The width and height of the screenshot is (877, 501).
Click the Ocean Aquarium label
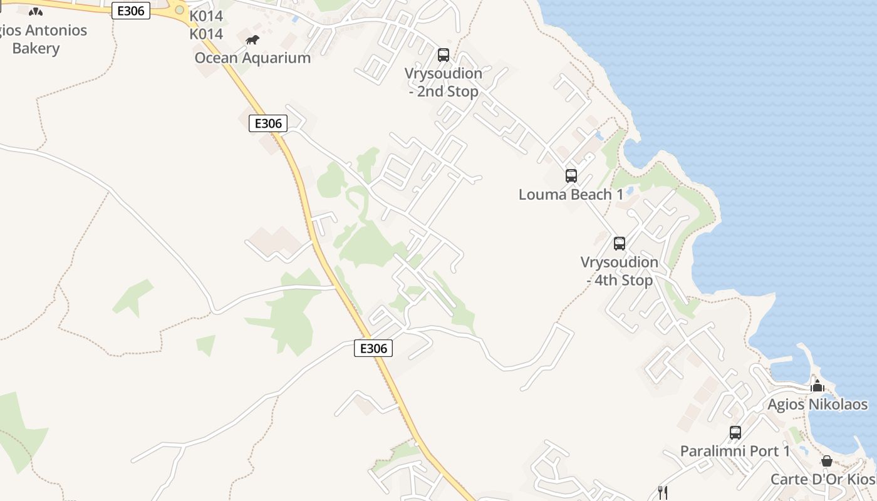(x=252, y=58)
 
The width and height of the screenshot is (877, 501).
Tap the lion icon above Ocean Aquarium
(x=252, y=40)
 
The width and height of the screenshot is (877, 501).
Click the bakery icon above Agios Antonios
(x=36, y=11)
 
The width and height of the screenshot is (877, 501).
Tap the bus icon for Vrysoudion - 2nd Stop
(x=444, y=55)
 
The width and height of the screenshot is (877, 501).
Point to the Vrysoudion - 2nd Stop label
(x=444, y=82)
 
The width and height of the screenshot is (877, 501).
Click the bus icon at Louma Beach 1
(x=571, y=176)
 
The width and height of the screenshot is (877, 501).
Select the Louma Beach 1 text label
(x=571, y=194)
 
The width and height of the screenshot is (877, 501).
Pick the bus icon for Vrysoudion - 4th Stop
(x=620, y=244)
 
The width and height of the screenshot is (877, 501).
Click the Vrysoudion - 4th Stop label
(x=620, y=271)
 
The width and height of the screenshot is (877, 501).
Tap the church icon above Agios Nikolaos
(x=817, y=385)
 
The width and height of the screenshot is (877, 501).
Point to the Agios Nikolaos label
(x=817, y=404)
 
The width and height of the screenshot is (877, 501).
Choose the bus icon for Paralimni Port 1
(x=735, y=433)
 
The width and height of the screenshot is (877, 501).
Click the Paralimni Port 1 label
(x=735, y=451)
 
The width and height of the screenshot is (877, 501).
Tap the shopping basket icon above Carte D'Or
(x=827, y=462)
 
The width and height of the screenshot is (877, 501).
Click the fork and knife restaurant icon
(x=663, y=492)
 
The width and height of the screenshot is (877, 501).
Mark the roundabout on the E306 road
(x=179, y=10)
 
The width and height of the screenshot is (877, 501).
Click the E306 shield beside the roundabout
(x=131, y=11)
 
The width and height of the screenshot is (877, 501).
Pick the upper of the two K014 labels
(x=206, y=16)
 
